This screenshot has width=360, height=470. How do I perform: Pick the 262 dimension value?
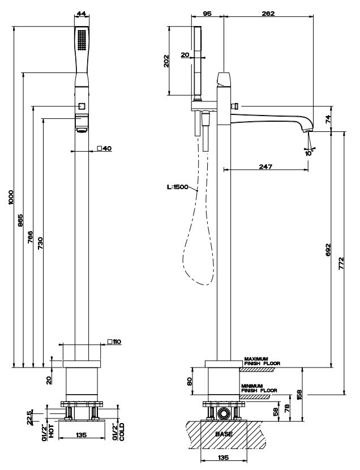tap(268, 13)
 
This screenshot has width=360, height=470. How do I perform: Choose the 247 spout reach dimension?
tap(265, 166)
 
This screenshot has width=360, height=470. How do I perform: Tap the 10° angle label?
tap(308, 152)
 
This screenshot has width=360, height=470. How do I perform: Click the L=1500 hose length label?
tap(178, 187)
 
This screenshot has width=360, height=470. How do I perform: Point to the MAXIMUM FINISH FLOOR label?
tap(262, 361)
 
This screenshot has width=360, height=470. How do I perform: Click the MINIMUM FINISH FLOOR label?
tap(259, 388)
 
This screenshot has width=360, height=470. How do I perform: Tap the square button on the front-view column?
tap(82, 106)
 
